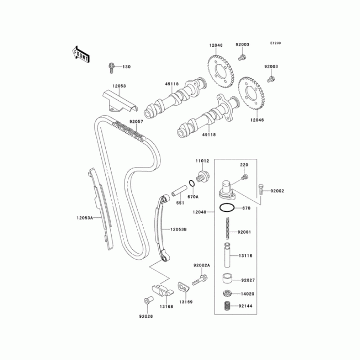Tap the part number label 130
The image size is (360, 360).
pos(126,67)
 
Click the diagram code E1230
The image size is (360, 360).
pos(275,43)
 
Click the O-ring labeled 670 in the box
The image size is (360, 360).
pos(227,208)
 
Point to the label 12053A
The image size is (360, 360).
pos(84,218)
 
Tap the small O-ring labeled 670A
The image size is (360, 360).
pos(192,184)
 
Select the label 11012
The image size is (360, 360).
pos(202,161)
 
